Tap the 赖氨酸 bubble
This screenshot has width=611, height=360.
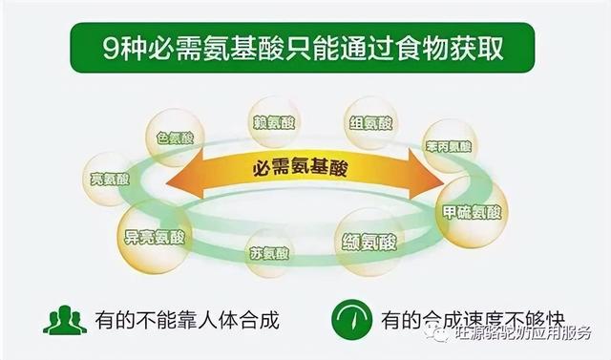click(x=274, y=121)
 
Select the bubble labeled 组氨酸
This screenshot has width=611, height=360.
click(x=370, y=123)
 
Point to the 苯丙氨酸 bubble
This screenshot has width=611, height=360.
click(x=449, y=146)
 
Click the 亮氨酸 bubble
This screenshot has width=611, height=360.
click(x=108, y=178)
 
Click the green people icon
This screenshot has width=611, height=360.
click(x=64, y=319)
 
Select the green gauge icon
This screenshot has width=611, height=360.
click(x=351, y=319)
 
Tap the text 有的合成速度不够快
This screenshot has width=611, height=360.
click(x=468, y=320)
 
